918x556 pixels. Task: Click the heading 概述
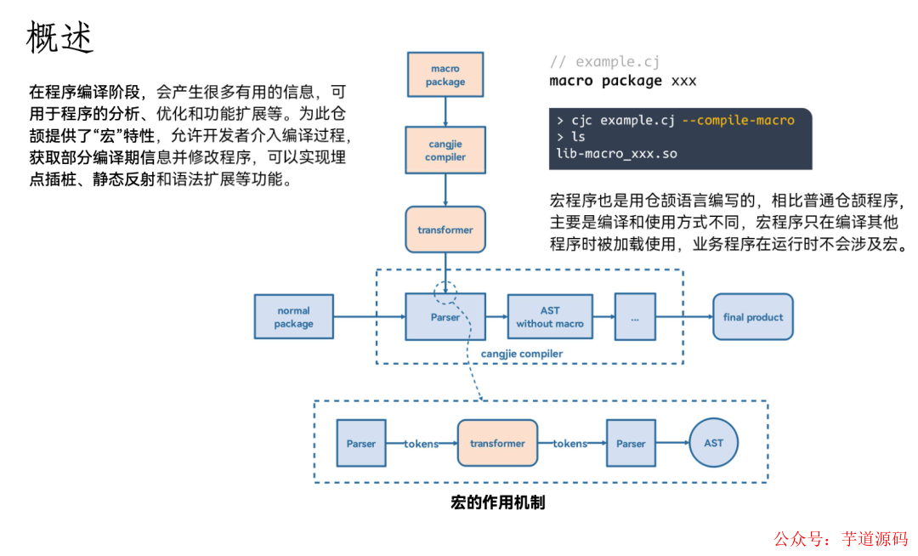(59, 38)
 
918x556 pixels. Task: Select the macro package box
(445, 75)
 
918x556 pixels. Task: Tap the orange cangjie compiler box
(445, 150)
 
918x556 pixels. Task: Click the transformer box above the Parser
(445, 230)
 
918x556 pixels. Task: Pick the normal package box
(294, 317)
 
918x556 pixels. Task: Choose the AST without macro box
(550, 317)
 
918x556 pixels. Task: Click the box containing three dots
(635, 317)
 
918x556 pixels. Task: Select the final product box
(752, 317)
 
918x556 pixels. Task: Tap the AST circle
(713, 443)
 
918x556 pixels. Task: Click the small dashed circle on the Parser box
(445, 292)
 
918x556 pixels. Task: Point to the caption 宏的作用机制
(497, 502)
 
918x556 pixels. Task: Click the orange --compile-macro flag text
(738, 120)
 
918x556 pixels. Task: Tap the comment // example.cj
(604, 62)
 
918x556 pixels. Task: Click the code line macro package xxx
(623, 82)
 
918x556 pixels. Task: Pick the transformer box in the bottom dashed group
(497, 443)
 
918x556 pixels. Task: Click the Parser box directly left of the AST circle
(631, 443)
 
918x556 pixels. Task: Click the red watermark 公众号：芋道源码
(840, 539)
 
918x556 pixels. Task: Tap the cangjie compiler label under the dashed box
(522, 354)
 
